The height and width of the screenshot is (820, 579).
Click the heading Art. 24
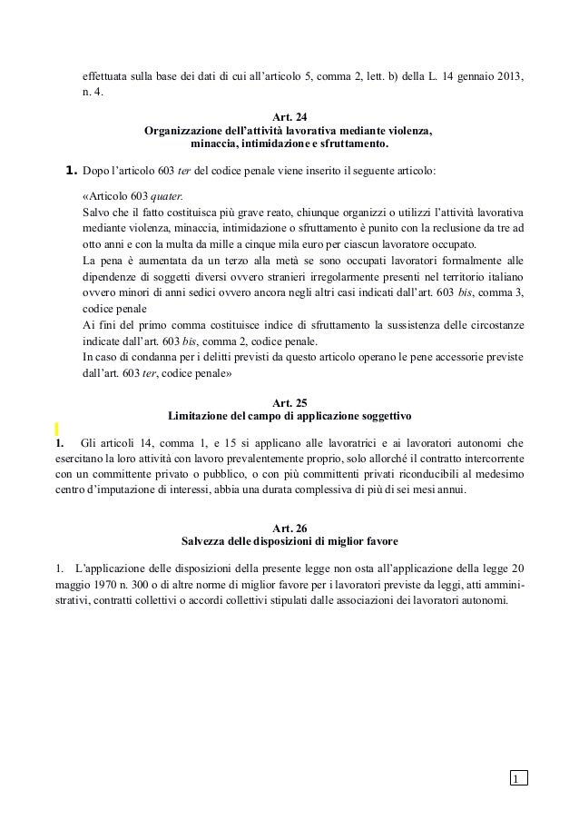click(x=289, y=117)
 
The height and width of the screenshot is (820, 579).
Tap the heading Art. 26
click(x=289, y=529)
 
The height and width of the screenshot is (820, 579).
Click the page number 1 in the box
click(x=515, y=779)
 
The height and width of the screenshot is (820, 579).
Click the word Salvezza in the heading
click(x=205, y=542)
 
